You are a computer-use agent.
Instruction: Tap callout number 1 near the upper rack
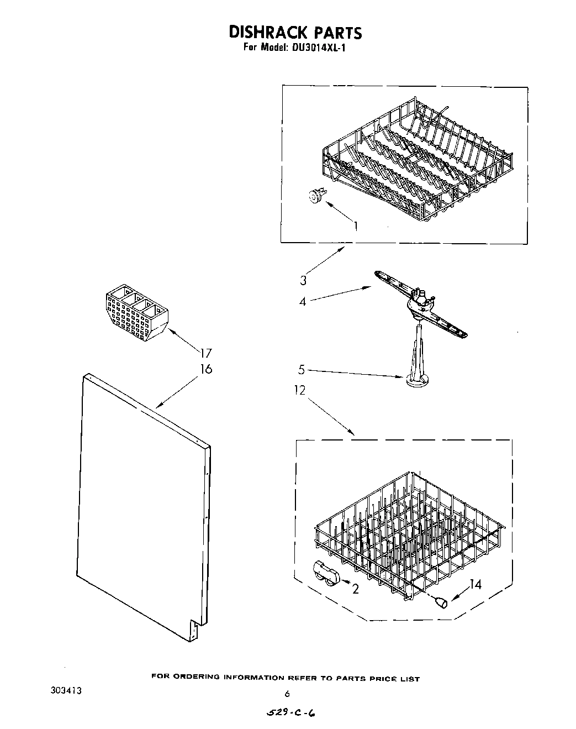click(356, 225)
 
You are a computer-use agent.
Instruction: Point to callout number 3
click(303, 281)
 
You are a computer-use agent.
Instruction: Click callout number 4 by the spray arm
click(303, 302)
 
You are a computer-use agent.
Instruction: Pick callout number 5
click(302, 369)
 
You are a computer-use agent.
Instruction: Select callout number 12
click(299, 391)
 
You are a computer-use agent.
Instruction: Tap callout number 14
click(475, 584)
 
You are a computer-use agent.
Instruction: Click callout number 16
click(205, 369)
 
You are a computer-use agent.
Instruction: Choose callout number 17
click(205, 353)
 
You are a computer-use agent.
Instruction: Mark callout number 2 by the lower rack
click(355, 589)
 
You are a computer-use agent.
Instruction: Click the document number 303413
click(68, 690)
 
